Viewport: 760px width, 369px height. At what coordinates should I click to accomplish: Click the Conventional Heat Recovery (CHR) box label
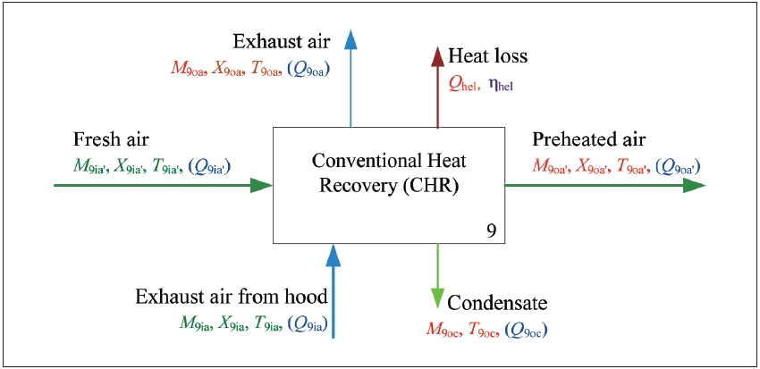click(x=388, y=173)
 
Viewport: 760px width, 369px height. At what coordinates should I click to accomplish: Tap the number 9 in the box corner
click(x=491, y=230)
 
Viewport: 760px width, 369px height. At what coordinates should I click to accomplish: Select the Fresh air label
click(x=113, y=140)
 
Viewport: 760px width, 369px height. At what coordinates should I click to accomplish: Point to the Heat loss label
click(x=488, y=57)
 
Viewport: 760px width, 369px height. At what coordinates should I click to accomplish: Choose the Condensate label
click(x=496, y=303)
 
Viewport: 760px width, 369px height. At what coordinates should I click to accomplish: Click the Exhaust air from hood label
click(x=231, y=297)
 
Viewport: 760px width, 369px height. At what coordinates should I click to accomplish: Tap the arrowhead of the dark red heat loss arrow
click(x=437, y=56)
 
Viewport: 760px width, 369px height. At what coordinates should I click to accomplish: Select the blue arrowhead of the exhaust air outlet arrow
click(x=350, y=38)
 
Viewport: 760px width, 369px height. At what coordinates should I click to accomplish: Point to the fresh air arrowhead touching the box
click(x=260, y=185)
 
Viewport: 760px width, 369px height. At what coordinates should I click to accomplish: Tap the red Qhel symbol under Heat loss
click(x=463, y=85)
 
